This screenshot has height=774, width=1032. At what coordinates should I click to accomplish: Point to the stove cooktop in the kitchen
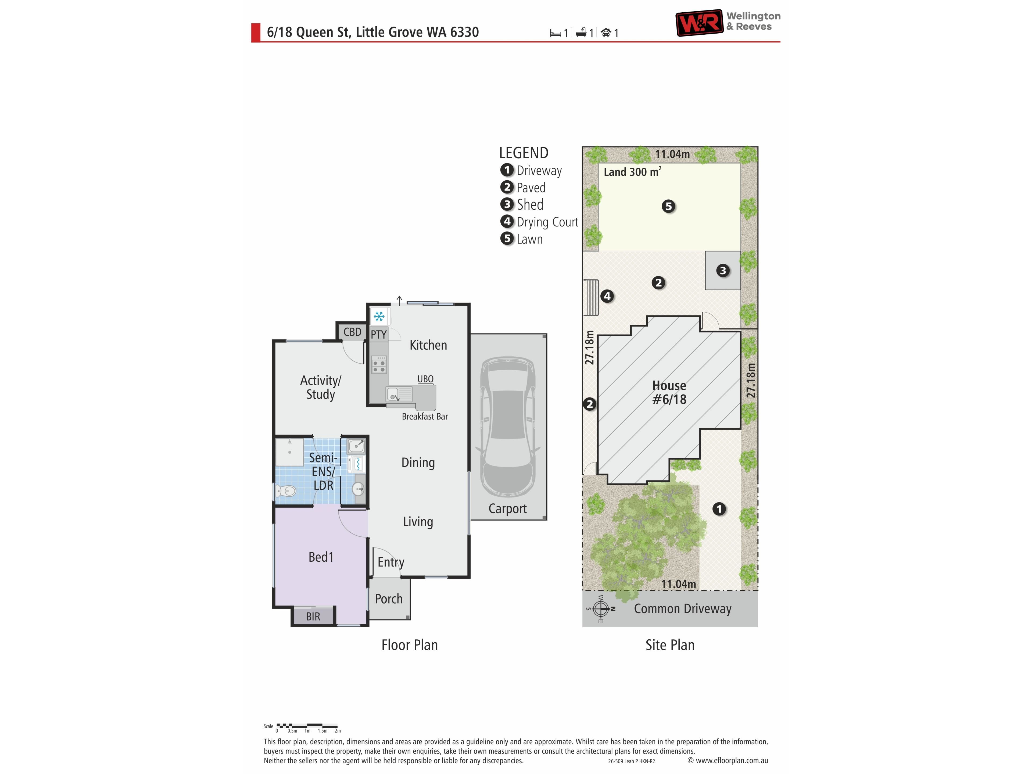[x=379, y=364]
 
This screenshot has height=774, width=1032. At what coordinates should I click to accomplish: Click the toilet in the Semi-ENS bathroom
[x=285, y=490]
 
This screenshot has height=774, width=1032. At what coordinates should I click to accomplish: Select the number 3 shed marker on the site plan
[x=723, y=271]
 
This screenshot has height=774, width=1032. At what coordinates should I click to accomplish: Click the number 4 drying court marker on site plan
[x=607, y=296]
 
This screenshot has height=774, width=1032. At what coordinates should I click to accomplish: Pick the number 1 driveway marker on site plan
[x=719, y=509]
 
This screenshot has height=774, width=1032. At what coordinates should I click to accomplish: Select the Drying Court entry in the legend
[x=539, y=222]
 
